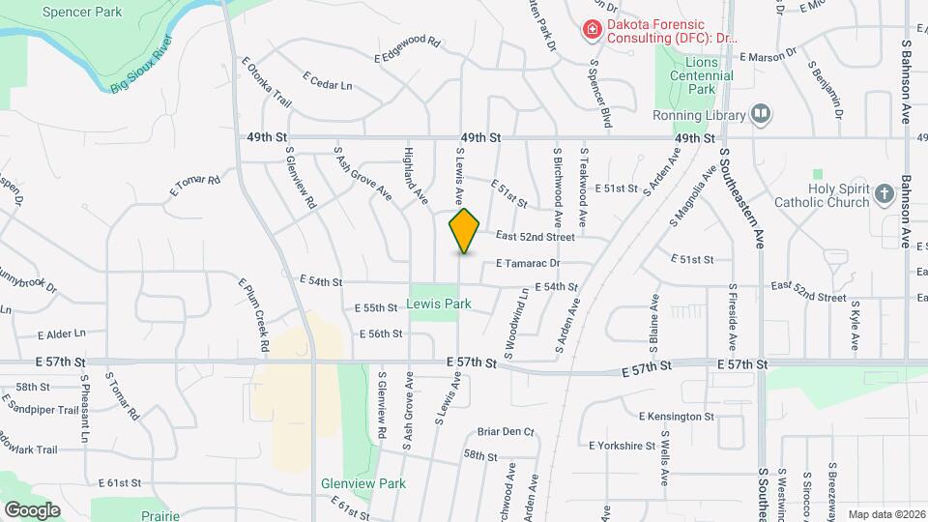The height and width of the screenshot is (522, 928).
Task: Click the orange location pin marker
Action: pos(465,231)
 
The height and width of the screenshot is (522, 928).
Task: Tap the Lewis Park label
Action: pos(438,304)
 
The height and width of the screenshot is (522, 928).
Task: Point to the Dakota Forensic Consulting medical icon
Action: pos(591,30)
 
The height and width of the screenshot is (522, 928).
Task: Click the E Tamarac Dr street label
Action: pos(528,263)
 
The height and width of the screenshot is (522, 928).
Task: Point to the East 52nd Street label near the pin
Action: pos(536,236)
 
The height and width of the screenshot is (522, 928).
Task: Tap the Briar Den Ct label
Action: pos(506,432)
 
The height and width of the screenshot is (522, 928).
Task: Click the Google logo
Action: pos(32,509)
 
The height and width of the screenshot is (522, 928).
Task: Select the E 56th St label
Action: pos(380,333)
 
